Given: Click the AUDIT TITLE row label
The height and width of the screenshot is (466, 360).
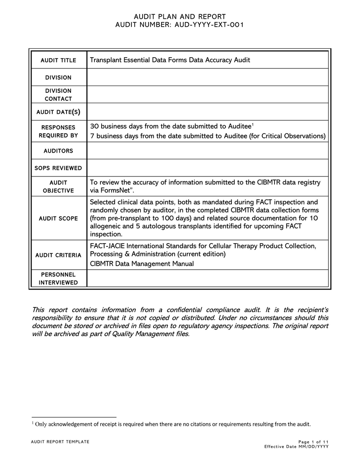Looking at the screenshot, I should click(x=58, y=60).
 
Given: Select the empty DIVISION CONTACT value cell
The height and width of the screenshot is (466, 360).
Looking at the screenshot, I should click(x=207, y=95).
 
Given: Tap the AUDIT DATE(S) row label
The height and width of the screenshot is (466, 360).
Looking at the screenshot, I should click(x=58, y=112).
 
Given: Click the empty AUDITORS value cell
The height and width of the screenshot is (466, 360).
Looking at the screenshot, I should click(x=207, y=151).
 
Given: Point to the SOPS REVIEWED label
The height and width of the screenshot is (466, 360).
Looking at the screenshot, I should click(x=58, y=168).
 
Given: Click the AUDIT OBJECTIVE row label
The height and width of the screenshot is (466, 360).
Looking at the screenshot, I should click(x=58, y=186).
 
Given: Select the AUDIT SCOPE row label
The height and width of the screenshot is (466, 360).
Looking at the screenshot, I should click(x=58, y=218).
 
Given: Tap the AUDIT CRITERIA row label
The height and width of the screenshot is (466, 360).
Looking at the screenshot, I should click(x=58, y=255).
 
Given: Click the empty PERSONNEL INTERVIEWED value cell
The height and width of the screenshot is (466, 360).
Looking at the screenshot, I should click(x=207, y=278).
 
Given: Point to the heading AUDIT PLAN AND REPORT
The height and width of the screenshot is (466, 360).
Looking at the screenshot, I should click(x=180, y=17).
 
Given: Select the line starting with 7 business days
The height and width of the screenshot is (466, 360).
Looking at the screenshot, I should click(x=208, y=136).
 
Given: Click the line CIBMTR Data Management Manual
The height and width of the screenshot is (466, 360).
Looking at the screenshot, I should click(x=142, y=263).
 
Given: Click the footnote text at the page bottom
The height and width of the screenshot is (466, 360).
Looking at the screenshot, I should click(x=171, y=424).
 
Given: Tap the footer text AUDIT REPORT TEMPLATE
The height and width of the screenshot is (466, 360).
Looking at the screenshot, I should click(x=60, y=442).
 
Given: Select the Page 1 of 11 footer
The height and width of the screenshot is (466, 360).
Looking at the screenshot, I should click(x=313, y=442).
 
